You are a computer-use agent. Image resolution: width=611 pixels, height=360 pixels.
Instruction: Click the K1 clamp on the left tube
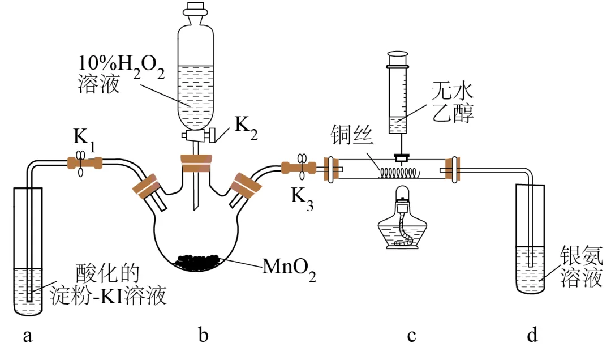coord(81,164)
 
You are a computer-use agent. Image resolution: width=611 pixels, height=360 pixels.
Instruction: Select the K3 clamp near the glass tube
coord(302,166)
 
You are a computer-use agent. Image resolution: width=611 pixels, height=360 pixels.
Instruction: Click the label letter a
coord(27,336)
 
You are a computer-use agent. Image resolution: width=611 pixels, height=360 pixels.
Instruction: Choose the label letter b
coord(203,335)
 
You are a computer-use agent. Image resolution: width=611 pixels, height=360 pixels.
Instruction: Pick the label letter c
coord(411,336)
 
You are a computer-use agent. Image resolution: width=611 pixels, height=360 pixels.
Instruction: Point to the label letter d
coord(532,335)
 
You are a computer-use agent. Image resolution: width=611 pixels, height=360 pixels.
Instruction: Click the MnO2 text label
coord(289,268)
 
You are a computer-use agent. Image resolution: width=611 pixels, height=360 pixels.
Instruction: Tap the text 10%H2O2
coord(121,66)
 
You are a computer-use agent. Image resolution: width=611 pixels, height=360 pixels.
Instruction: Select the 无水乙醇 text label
coord(453,102)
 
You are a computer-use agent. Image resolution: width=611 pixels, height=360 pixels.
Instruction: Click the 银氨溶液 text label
coord(582,267)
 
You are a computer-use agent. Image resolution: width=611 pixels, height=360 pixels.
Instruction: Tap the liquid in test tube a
coord(28,290)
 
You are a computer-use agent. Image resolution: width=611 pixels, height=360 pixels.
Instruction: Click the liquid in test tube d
coord(530,269)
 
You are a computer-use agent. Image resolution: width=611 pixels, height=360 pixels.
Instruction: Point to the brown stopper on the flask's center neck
coord(196,163)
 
